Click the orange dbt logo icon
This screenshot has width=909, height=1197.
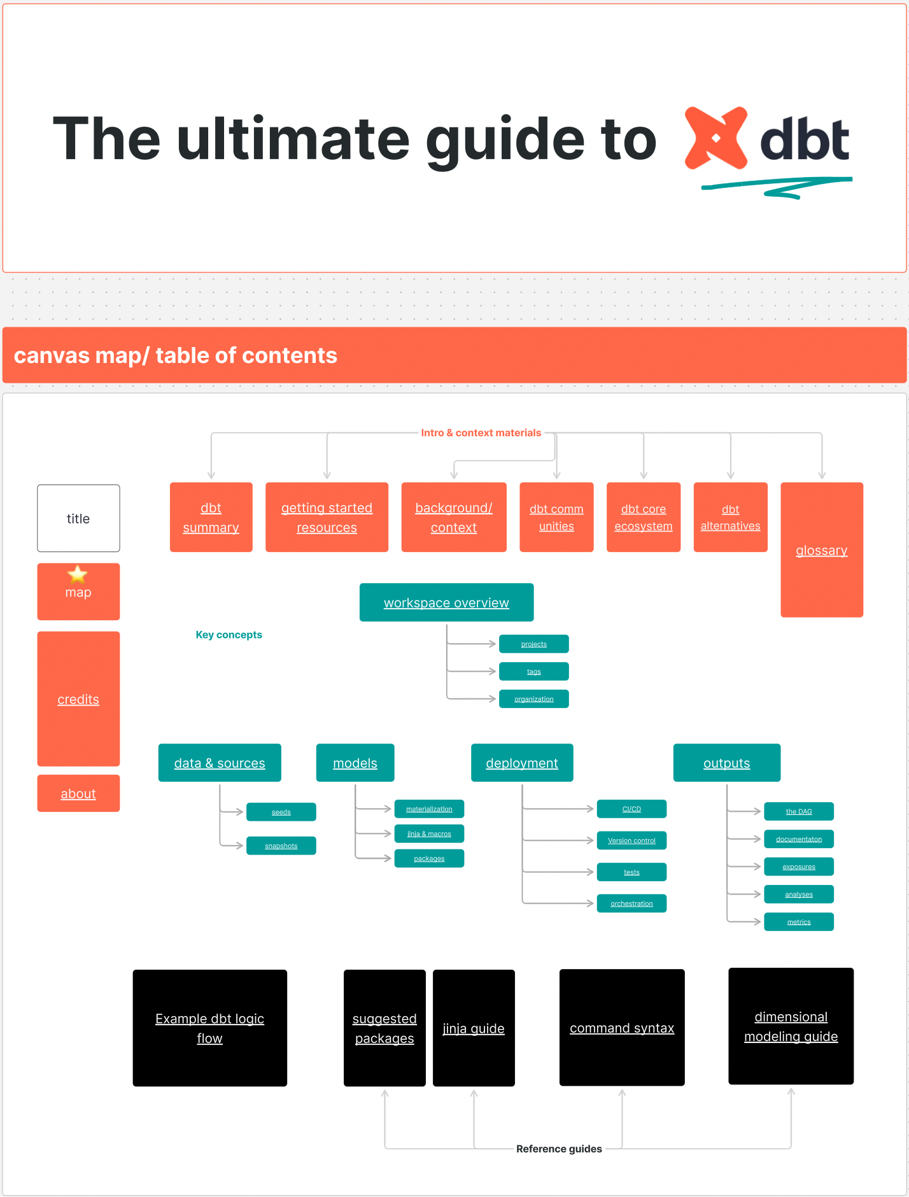click(715, 138)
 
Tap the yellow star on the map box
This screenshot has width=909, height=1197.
click(78, 574)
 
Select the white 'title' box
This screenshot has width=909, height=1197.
click(78, 518)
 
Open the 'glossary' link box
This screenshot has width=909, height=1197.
click(821, 550)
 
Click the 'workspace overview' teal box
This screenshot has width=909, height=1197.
click(446, 602)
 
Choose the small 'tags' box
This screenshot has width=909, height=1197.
click(533, 671)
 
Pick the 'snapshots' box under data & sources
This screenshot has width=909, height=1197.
click(281, 846)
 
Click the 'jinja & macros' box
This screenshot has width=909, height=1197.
click(429, 833)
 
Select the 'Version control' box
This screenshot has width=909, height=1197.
click(631, 840)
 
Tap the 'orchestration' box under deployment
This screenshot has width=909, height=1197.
click(631, 903)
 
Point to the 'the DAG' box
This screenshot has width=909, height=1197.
click(798, 811)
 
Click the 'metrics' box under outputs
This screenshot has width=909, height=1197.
click(798, 921)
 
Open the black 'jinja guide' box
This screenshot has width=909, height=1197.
click(474, 1028)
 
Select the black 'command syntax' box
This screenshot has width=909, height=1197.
click(622, 1028)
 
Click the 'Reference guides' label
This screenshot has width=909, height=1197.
click(559, 1149)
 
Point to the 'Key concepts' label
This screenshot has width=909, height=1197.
click(229, 635)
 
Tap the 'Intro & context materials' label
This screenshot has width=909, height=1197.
click(481, 433)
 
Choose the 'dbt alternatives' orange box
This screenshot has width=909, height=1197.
click(730, 517)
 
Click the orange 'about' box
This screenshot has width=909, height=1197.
click(78, 793)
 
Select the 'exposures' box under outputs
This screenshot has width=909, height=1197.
click(798, 867)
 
